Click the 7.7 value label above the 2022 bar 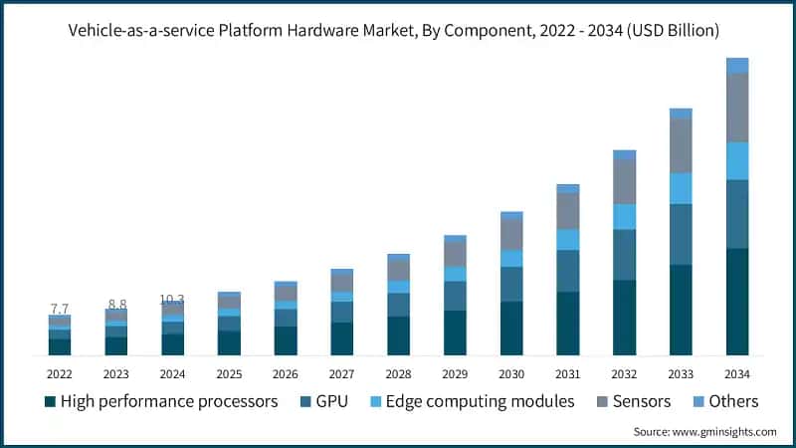click(60, 309)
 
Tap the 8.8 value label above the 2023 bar click(116, 304)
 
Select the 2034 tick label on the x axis click(736, 373)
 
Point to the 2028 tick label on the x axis click(398, 373)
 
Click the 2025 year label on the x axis click(229, 373)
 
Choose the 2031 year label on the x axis click(567, 373)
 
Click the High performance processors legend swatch click(50, 402)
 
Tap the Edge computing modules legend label click(480, 402)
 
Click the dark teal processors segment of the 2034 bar click(737, 302)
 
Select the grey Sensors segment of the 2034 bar click(737, 108)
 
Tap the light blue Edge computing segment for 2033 click(681, 188)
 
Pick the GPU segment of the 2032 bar click(624, 255)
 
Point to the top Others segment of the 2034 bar click(737, 66)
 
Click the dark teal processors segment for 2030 click(511, 329)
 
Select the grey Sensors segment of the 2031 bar click(568, 211)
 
